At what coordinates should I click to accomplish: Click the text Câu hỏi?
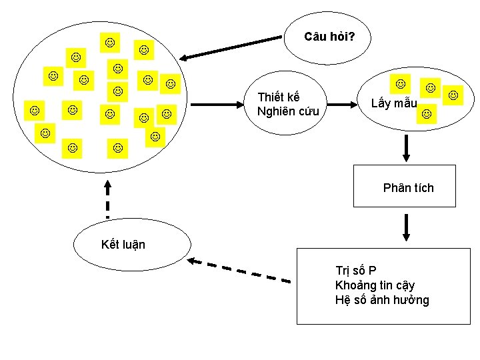(x=329, y=37)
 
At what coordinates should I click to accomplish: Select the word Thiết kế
(x=278, y=98)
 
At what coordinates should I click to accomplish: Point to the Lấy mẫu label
(x=394, y=103)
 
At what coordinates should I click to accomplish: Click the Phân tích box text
(x=408, y=188)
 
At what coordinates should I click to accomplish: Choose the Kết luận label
(x=123, y=245)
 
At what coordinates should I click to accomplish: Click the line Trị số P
(x=355, y=271)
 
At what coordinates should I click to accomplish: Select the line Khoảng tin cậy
(x=375, y=285)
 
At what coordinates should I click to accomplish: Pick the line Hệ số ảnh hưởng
(x=381, y=300)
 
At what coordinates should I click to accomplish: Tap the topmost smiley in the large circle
(x=109, y=43)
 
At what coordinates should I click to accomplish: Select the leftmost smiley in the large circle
(x=34, y=109)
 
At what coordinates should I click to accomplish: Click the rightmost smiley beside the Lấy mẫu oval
(x=453, y=95)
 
